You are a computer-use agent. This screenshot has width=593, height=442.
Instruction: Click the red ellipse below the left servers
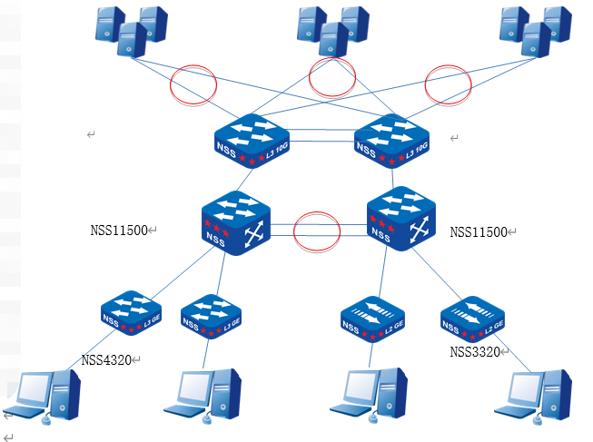(x=193, y=85)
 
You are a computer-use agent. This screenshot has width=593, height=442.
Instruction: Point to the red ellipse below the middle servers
(x=332, y=77)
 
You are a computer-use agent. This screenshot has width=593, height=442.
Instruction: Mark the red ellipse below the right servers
(x=449, y=84)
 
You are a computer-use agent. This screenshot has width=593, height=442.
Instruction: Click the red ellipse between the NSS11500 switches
(x=317, y=231)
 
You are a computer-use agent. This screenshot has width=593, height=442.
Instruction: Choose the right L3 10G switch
(x=391, y=141)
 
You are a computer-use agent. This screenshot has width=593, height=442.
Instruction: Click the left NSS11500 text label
(x=119, y=231)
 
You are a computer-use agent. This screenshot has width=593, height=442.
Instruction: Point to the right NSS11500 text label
(x=479, y=232)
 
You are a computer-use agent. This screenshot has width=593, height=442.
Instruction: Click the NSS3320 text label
(x=475, y=352)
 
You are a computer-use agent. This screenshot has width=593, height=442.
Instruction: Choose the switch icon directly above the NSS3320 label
(x=471, y=319)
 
